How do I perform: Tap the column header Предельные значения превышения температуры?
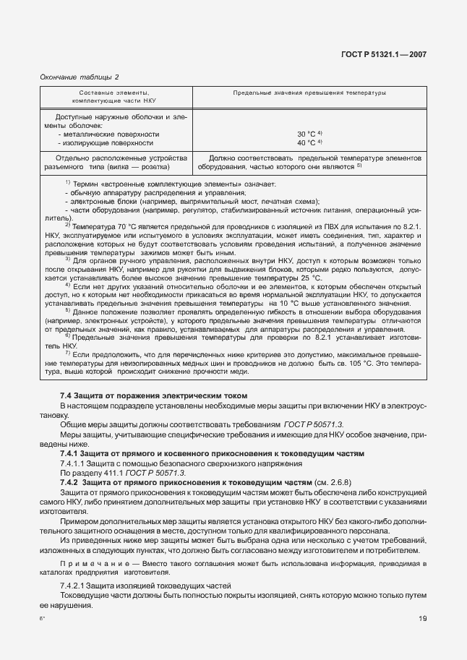pos(309,93)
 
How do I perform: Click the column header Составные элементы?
pos(114,93)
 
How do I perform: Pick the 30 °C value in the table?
pos(309,134)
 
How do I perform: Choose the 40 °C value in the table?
pos(309,142)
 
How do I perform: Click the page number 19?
pos(422,618)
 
